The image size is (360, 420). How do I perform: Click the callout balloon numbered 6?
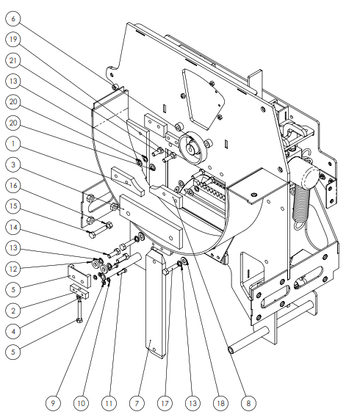[x=13, y=18]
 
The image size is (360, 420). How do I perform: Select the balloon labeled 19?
[x=13, y=39]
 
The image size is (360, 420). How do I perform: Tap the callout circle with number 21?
[x=13, y=60]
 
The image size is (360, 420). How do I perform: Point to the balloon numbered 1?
[x=13, y=144]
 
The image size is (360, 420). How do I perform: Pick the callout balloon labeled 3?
[x=13, y=164]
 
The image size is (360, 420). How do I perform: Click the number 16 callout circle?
[x=13, y=185]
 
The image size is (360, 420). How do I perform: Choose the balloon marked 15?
[x=13, y=206]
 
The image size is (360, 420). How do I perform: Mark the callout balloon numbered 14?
[x=13, y=227]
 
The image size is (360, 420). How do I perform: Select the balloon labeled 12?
[x=13, y=269]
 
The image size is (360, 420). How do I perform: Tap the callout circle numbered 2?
[x=13, y=311]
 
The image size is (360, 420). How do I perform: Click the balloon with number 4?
[x=13, y=331]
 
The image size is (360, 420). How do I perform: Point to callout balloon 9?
[x=53, y=403]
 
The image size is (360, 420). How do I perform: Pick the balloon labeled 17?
[x=165, y=403]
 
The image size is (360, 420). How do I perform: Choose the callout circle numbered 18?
[x=220, y=403]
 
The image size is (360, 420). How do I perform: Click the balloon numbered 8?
[x=248, y=403]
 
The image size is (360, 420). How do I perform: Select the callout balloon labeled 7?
[x=137, y=403]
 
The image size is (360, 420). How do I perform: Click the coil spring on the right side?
[x=301, y=203]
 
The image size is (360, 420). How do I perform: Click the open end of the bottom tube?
[x=231, y=350]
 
